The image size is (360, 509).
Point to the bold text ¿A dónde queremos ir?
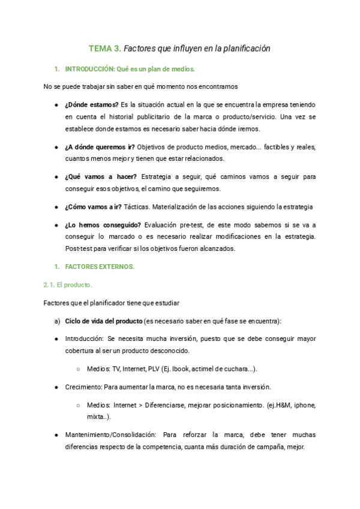point(100,146)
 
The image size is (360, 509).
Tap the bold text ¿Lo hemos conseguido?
point(103,224)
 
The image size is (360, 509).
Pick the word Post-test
point(79,248)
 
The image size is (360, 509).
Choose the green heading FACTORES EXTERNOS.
point(100,267)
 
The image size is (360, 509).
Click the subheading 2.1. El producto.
point(68,285)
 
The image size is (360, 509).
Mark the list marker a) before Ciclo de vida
point(58,321)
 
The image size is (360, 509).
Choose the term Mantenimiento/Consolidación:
point(111,435)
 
